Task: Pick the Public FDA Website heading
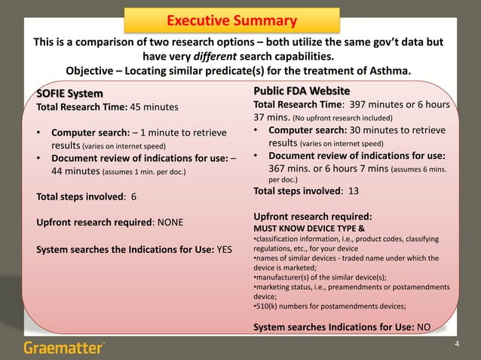click(x=302, y=91)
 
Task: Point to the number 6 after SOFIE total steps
click(x=133, y=199)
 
